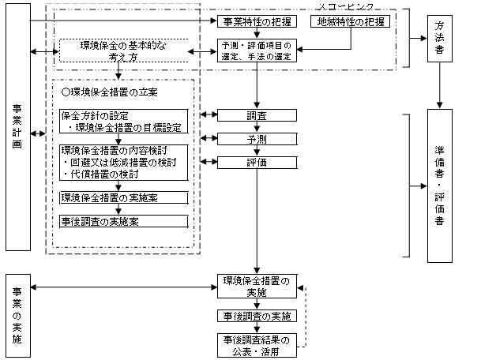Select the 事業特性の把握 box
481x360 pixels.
256,21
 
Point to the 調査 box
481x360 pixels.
256,115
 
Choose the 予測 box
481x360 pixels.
256,139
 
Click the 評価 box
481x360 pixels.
256,163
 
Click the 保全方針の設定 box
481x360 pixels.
124,121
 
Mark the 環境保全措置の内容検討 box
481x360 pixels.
124,162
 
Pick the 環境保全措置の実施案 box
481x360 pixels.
124,197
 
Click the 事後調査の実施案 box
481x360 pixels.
124,221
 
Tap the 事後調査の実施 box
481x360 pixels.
256,316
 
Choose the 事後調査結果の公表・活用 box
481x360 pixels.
256,345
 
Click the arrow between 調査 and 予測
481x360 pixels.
256,127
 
